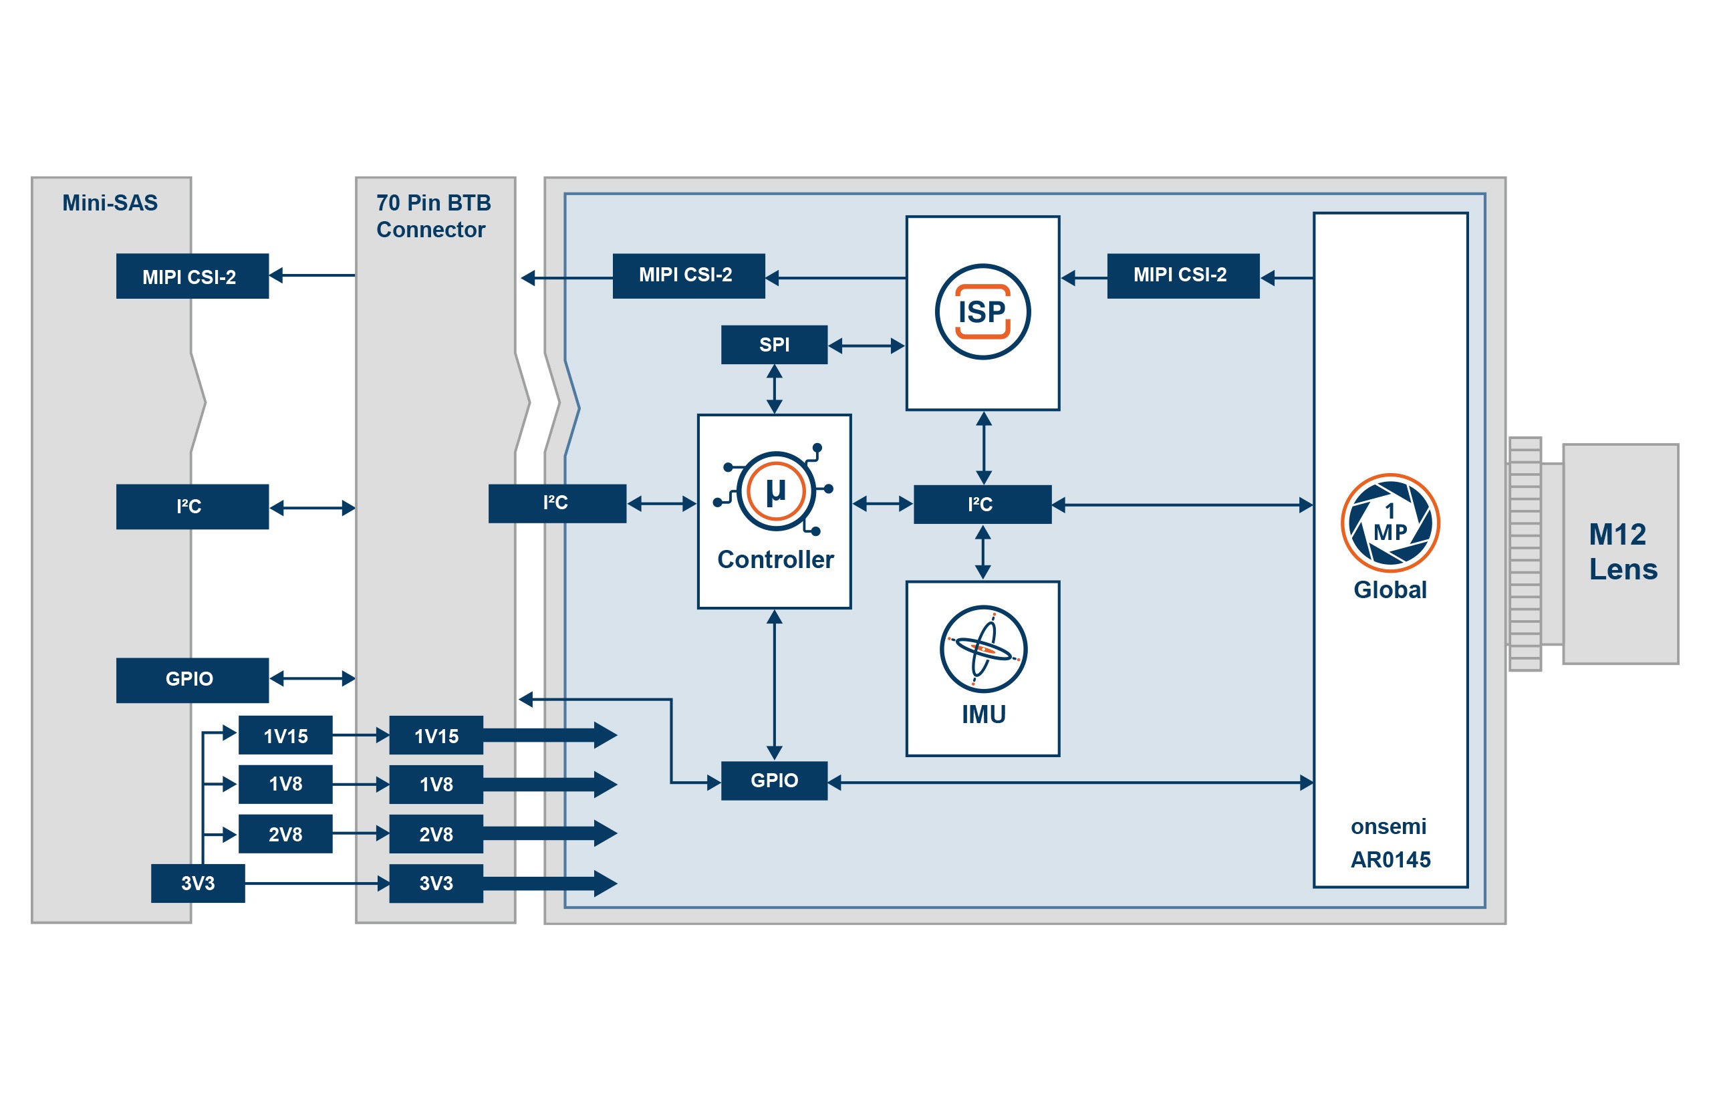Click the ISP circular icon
coord(982,312)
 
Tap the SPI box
coord(773,345)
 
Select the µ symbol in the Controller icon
coord(776,492)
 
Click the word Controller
coord(775,559)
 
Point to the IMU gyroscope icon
coord(982,649)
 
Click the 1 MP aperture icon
coord(1389,523)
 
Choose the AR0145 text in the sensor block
coord(1390,859)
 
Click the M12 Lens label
coord(1621,552)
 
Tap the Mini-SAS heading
coord(110,203)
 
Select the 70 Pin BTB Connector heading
coord(433,216)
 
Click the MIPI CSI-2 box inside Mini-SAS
coord(192,277)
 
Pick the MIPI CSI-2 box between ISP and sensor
coord(1182,275)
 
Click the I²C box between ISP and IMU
coord(982,505)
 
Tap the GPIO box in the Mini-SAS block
coord(192,680)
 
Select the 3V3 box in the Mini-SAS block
coord(198,883)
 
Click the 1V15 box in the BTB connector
coord(436,736)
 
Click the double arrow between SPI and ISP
coord(866,346)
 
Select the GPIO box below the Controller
coord(773,781)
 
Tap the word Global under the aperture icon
coord(1389,589)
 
